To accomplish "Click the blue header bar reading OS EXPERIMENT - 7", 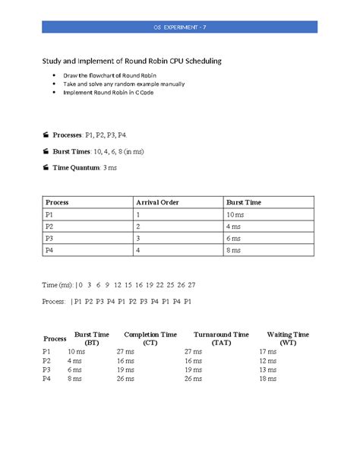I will coord(179,28).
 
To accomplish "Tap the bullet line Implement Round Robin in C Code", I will coord(109,93).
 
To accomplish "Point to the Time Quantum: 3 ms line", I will coord(90,166).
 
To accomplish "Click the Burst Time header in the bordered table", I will coord(244,202).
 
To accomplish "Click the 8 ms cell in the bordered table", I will coord(236,250).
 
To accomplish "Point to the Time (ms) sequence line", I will coord(118,284).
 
